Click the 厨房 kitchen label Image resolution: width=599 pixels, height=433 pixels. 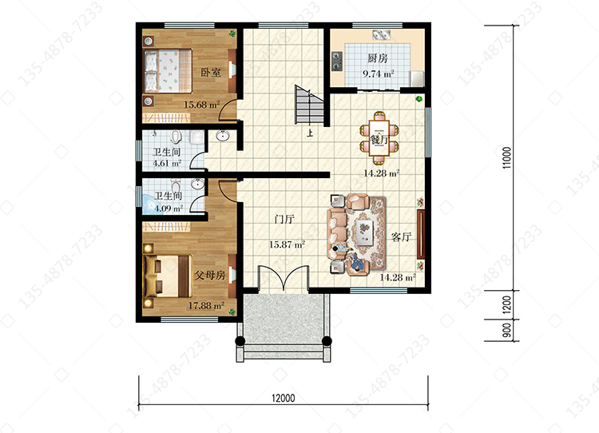pos(378,58)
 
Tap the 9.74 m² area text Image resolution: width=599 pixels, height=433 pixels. pos(379,73)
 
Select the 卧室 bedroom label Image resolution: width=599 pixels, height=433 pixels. pos(211,72)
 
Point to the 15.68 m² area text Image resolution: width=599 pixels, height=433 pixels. pos(202,105)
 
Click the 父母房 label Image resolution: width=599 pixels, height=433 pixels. pos(210,275)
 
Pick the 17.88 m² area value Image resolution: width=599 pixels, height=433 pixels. pos(206,306)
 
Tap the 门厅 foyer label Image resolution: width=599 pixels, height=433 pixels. pos(284,220)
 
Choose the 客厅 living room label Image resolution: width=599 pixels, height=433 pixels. pos(401,237)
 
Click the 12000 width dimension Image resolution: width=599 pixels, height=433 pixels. pos(283,398)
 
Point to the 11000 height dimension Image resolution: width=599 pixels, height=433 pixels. pos(506,158)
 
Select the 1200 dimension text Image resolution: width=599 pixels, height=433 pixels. pos(506,304)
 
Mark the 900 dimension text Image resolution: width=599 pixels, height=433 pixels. pos(506,330)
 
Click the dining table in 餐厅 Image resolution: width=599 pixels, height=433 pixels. pos(379,137)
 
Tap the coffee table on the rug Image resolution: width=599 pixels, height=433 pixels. pos(364,232)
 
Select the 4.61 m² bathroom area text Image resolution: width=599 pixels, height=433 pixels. pos(167,163)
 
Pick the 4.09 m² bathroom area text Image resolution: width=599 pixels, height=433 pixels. pos(169,209)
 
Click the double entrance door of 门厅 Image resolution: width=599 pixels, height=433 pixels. pos(284,277)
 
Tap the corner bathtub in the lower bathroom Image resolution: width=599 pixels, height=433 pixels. pos(153,205)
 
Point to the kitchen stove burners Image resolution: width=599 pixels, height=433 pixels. pos(337,62)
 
